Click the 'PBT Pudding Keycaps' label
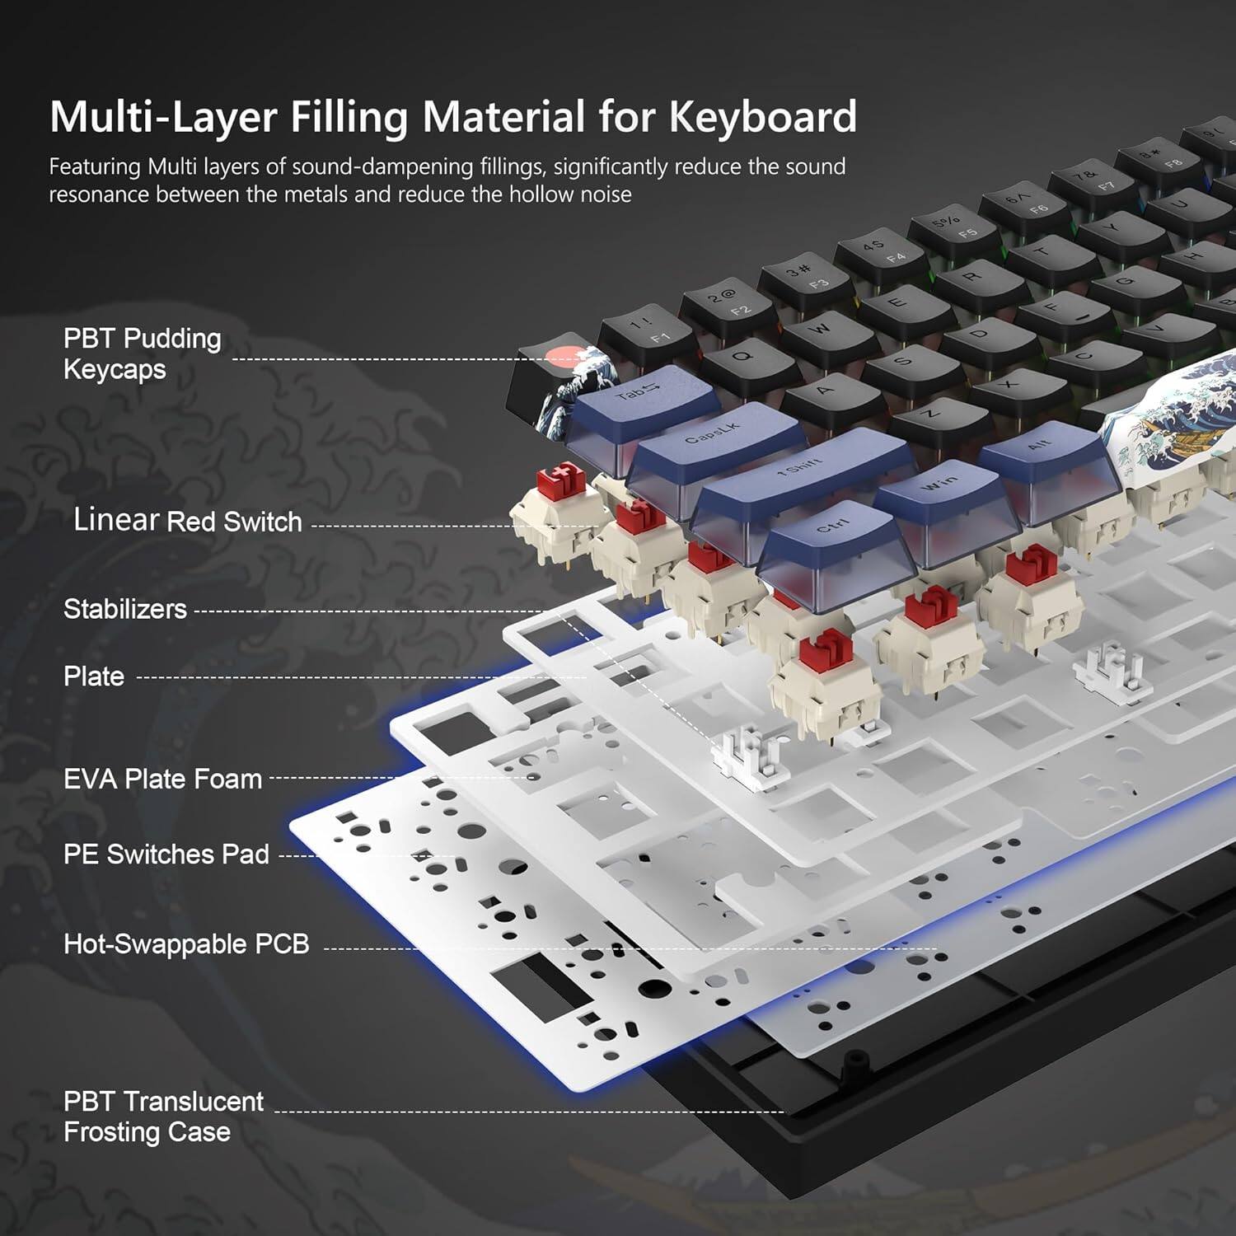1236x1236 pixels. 142,353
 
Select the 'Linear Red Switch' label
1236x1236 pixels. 188,521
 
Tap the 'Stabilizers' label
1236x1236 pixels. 125,609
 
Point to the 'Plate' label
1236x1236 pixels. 94,677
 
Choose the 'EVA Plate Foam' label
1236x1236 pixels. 162,779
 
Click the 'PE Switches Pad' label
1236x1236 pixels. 166,854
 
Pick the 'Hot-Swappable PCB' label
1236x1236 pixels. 186,943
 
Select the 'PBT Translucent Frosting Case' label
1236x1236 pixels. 163,1117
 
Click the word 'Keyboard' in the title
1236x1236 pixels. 763,116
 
